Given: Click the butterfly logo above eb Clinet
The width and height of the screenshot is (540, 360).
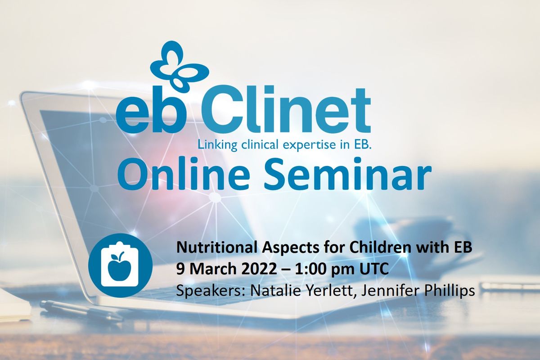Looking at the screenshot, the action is click(x=180, y=67).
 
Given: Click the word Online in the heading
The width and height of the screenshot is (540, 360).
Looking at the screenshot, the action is click(x=184, y=174).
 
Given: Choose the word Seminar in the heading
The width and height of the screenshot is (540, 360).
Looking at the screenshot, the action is click(x=347, y=174).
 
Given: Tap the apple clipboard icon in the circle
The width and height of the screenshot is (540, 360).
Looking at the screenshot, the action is click(x=120, y=265).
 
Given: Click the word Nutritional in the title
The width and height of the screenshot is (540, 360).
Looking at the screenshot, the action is click(x=216, y=247).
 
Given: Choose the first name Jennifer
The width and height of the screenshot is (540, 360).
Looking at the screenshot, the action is click(x=390, y=290).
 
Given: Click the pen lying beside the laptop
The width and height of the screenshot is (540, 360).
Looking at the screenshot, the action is click(x=82, y=311).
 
